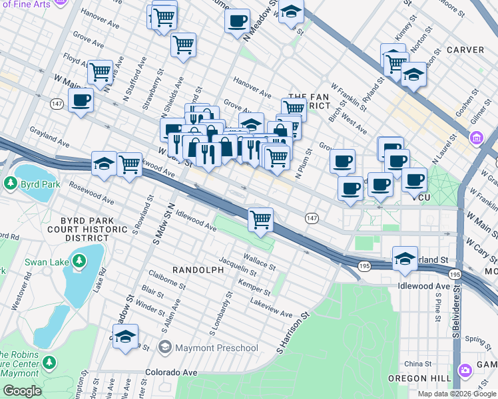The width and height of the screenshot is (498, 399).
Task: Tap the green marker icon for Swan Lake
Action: [79, 261]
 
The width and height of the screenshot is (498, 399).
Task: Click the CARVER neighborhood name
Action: [465, 50]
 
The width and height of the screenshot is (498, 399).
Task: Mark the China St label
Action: [418, 364]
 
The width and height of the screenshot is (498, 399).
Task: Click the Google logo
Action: [23, 392]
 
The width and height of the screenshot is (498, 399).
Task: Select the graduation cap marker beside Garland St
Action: [405, 257]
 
